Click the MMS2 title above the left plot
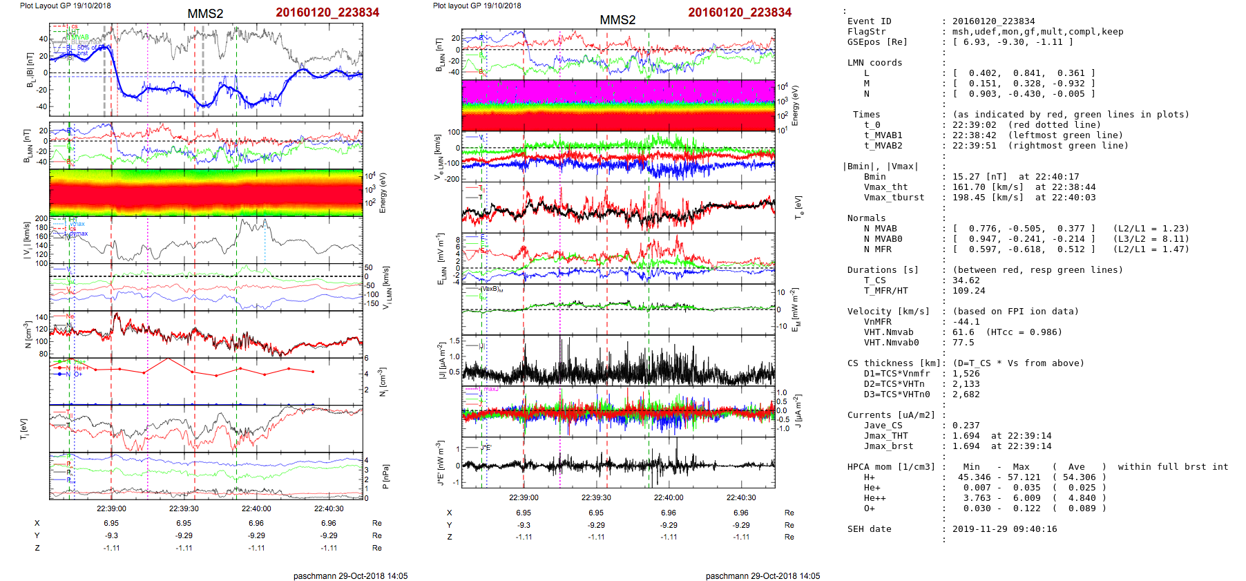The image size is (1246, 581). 205,14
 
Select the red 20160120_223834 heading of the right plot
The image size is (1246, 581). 740,12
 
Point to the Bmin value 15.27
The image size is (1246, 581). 966,177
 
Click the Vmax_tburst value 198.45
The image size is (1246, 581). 969,198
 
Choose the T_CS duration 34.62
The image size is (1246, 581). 966,280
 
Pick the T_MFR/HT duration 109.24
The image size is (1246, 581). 969,291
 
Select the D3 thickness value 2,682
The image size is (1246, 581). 966,394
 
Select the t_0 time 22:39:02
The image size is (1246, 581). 975,125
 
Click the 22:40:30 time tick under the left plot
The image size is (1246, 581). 329,508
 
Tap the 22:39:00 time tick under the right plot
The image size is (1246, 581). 524,497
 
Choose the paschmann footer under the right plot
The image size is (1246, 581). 763,575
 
